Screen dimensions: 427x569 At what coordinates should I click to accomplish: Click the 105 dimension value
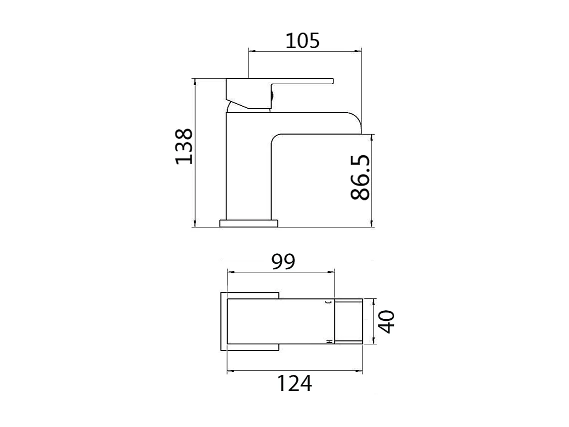[x=302, y=40]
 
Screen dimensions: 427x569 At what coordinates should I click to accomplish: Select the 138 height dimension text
[x=183, y=146]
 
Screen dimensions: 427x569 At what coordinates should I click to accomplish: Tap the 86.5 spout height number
[x=360, y=178]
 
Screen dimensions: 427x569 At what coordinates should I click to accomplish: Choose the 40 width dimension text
[x=386, y=321]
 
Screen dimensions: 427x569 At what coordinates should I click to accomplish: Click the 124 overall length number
[x=294, y=383]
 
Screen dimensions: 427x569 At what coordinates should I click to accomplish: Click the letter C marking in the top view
[x=329, y=302]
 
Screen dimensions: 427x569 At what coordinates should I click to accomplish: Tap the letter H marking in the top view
[x=329, y=341]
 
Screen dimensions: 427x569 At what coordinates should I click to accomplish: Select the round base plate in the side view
[x=248, y=223]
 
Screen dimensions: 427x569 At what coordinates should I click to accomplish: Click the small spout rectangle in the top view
[x=348, y=321]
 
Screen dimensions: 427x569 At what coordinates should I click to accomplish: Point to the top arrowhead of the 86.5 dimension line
[x=371, y=137]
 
